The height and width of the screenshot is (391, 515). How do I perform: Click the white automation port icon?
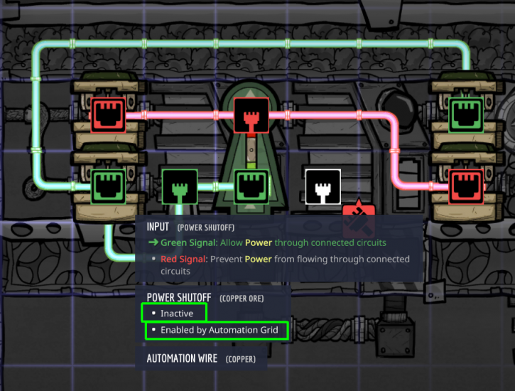pos(323,187)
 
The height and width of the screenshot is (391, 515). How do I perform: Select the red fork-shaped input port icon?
pos(251,115)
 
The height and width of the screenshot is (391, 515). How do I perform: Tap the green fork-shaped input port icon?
pos(180,187)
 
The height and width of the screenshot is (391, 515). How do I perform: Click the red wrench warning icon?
pos(358,218)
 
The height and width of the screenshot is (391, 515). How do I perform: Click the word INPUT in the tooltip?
pos(158,227)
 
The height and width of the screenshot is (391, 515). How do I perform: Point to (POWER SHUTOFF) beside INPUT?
pos(206,227)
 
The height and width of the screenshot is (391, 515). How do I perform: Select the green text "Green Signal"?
pos(189,243)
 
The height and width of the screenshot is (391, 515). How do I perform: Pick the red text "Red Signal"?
pos(183,259)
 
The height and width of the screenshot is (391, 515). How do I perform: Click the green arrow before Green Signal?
pos(153,242)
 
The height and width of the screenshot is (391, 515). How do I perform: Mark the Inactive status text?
pos(177,314)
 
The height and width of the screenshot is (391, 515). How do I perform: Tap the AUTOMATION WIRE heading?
pos(182,358)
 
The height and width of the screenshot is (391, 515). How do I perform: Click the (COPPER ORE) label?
pos(242,299)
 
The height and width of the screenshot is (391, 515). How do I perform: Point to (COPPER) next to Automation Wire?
pos(241,359)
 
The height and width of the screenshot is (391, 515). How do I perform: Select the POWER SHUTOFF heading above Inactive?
pos(179,298)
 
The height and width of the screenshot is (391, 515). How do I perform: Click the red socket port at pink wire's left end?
pos(108,115)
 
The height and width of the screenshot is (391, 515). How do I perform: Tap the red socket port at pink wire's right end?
pos(466,187)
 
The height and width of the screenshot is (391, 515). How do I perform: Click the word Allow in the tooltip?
pos(232,243)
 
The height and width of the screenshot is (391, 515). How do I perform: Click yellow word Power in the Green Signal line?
pos(259,243)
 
